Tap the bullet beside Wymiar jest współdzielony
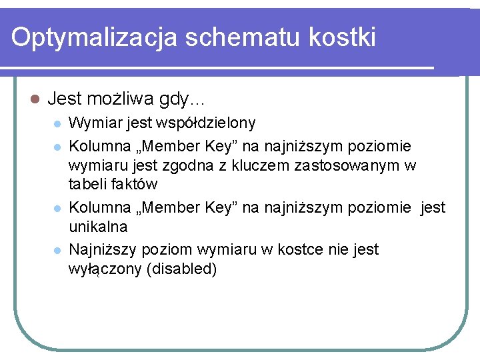click(x=57, y=124)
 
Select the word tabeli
click(x=87, y=184)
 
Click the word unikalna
click(x=98, y=227)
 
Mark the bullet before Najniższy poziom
click(x=57, y=250)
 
